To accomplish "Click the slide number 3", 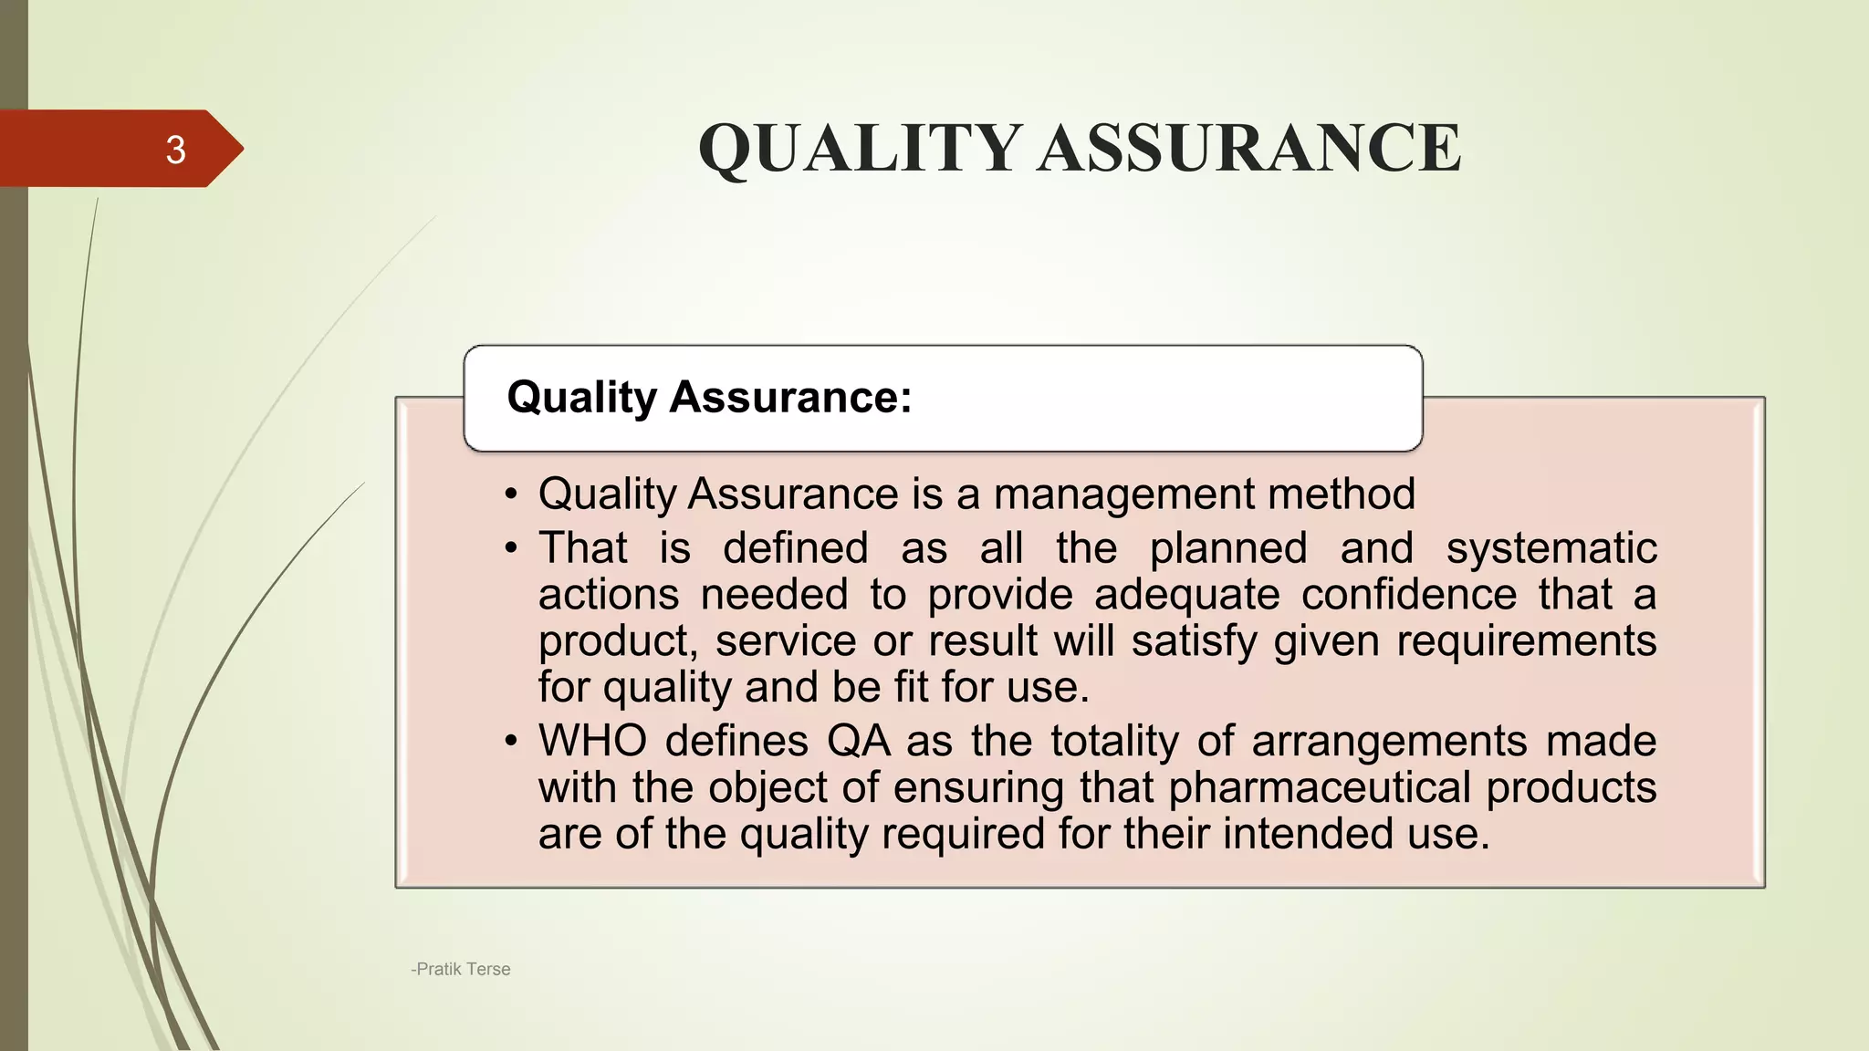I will (175, 150).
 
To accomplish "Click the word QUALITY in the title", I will (859, 149).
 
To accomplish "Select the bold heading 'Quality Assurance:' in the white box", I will (709, 398).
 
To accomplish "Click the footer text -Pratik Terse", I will (461, 969).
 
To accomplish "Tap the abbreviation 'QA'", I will (859, 741).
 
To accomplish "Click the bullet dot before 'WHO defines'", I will (511, 741).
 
